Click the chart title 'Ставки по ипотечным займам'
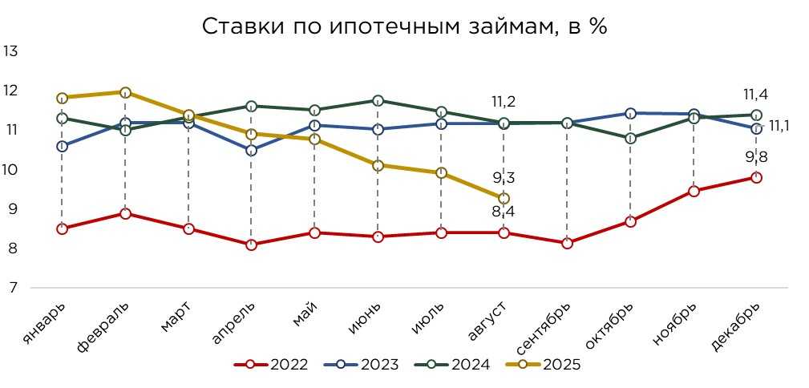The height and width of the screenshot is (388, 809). click(x=404, y=26)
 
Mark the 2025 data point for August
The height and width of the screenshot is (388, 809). click(x=504, y=198)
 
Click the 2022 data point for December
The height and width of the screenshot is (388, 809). click(x=755, y=177)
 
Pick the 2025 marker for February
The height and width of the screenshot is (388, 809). click(x=125, y=92)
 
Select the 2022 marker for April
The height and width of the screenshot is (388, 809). click(x=251, y=245)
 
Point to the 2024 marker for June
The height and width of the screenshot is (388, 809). click(x=377, y=100)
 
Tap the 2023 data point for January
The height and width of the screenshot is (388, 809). click(x=62, y=146)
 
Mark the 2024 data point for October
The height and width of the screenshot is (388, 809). click(x=630, y=138)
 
